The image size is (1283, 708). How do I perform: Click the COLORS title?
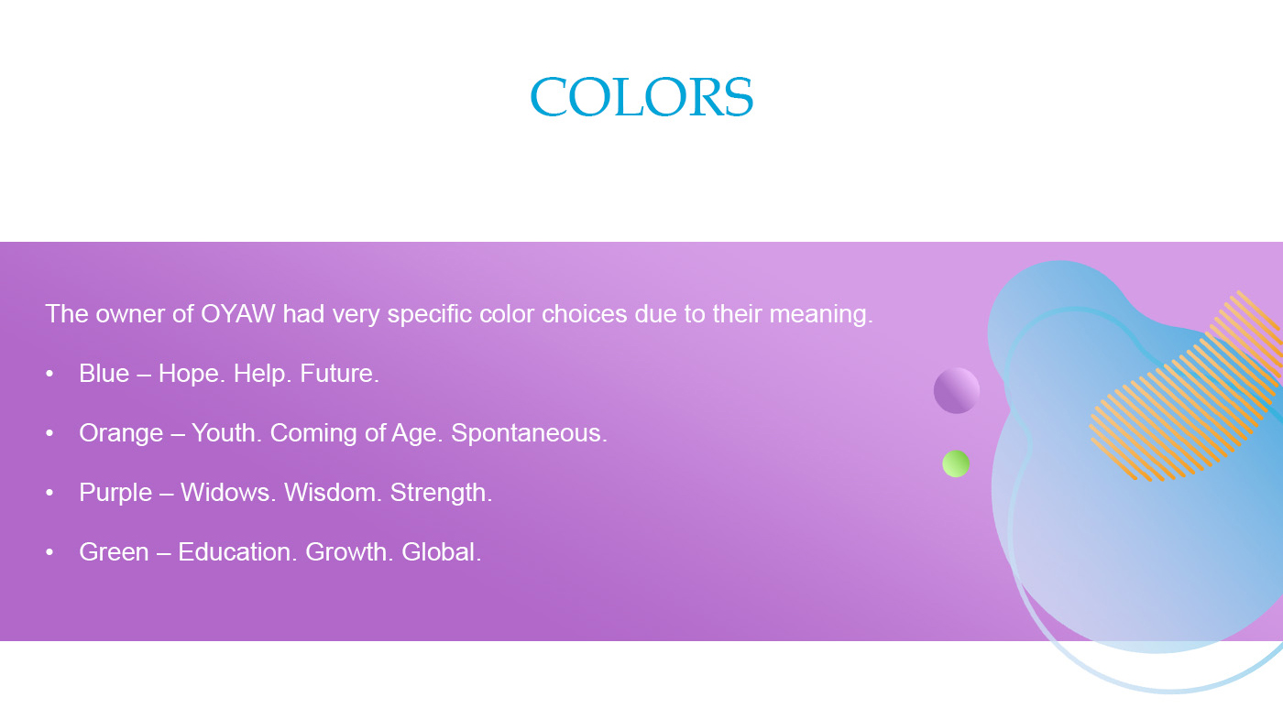coord(641,96)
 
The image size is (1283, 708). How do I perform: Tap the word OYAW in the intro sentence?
coord(237,313)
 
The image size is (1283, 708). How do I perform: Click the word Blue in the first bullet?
coord(104,373)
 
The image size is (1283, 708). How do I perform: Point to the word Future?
coord(340,373)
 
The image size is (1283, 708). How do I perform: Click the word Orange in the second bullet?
coord(121,433)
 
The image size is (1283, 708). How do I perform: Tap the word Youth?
coord(226,432)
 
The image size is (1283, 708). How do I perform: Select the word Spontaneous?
coord(530,433)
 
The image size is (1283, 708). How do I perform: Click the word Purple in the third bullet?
coord(115,493)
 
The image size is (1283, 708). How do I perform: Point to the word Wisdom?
coord(334,492)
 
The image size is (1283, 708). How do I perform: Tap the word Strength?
coord(441,493)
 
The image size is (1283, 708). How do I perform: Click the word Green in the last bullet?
coord(114,551)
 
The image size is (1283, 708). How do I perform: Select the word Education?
coord(237,551)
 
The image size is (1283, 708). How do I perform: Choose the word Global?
coord(442,551)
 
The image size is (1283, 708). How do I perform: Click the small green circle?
coord(956,463)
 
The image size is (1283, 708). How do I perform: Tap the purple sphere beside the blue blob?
coord(957,390)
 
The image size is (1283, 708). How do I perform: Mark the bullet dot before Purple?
coord(49,492)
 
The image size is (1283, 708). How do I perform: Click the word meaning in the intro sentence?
coord(821,314)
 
